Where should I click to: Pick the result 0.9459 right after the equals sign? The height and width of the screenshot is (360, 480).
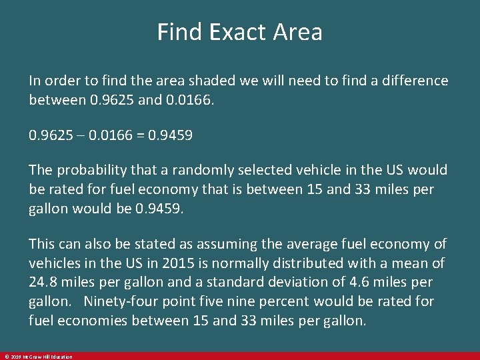pos(173,135)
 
